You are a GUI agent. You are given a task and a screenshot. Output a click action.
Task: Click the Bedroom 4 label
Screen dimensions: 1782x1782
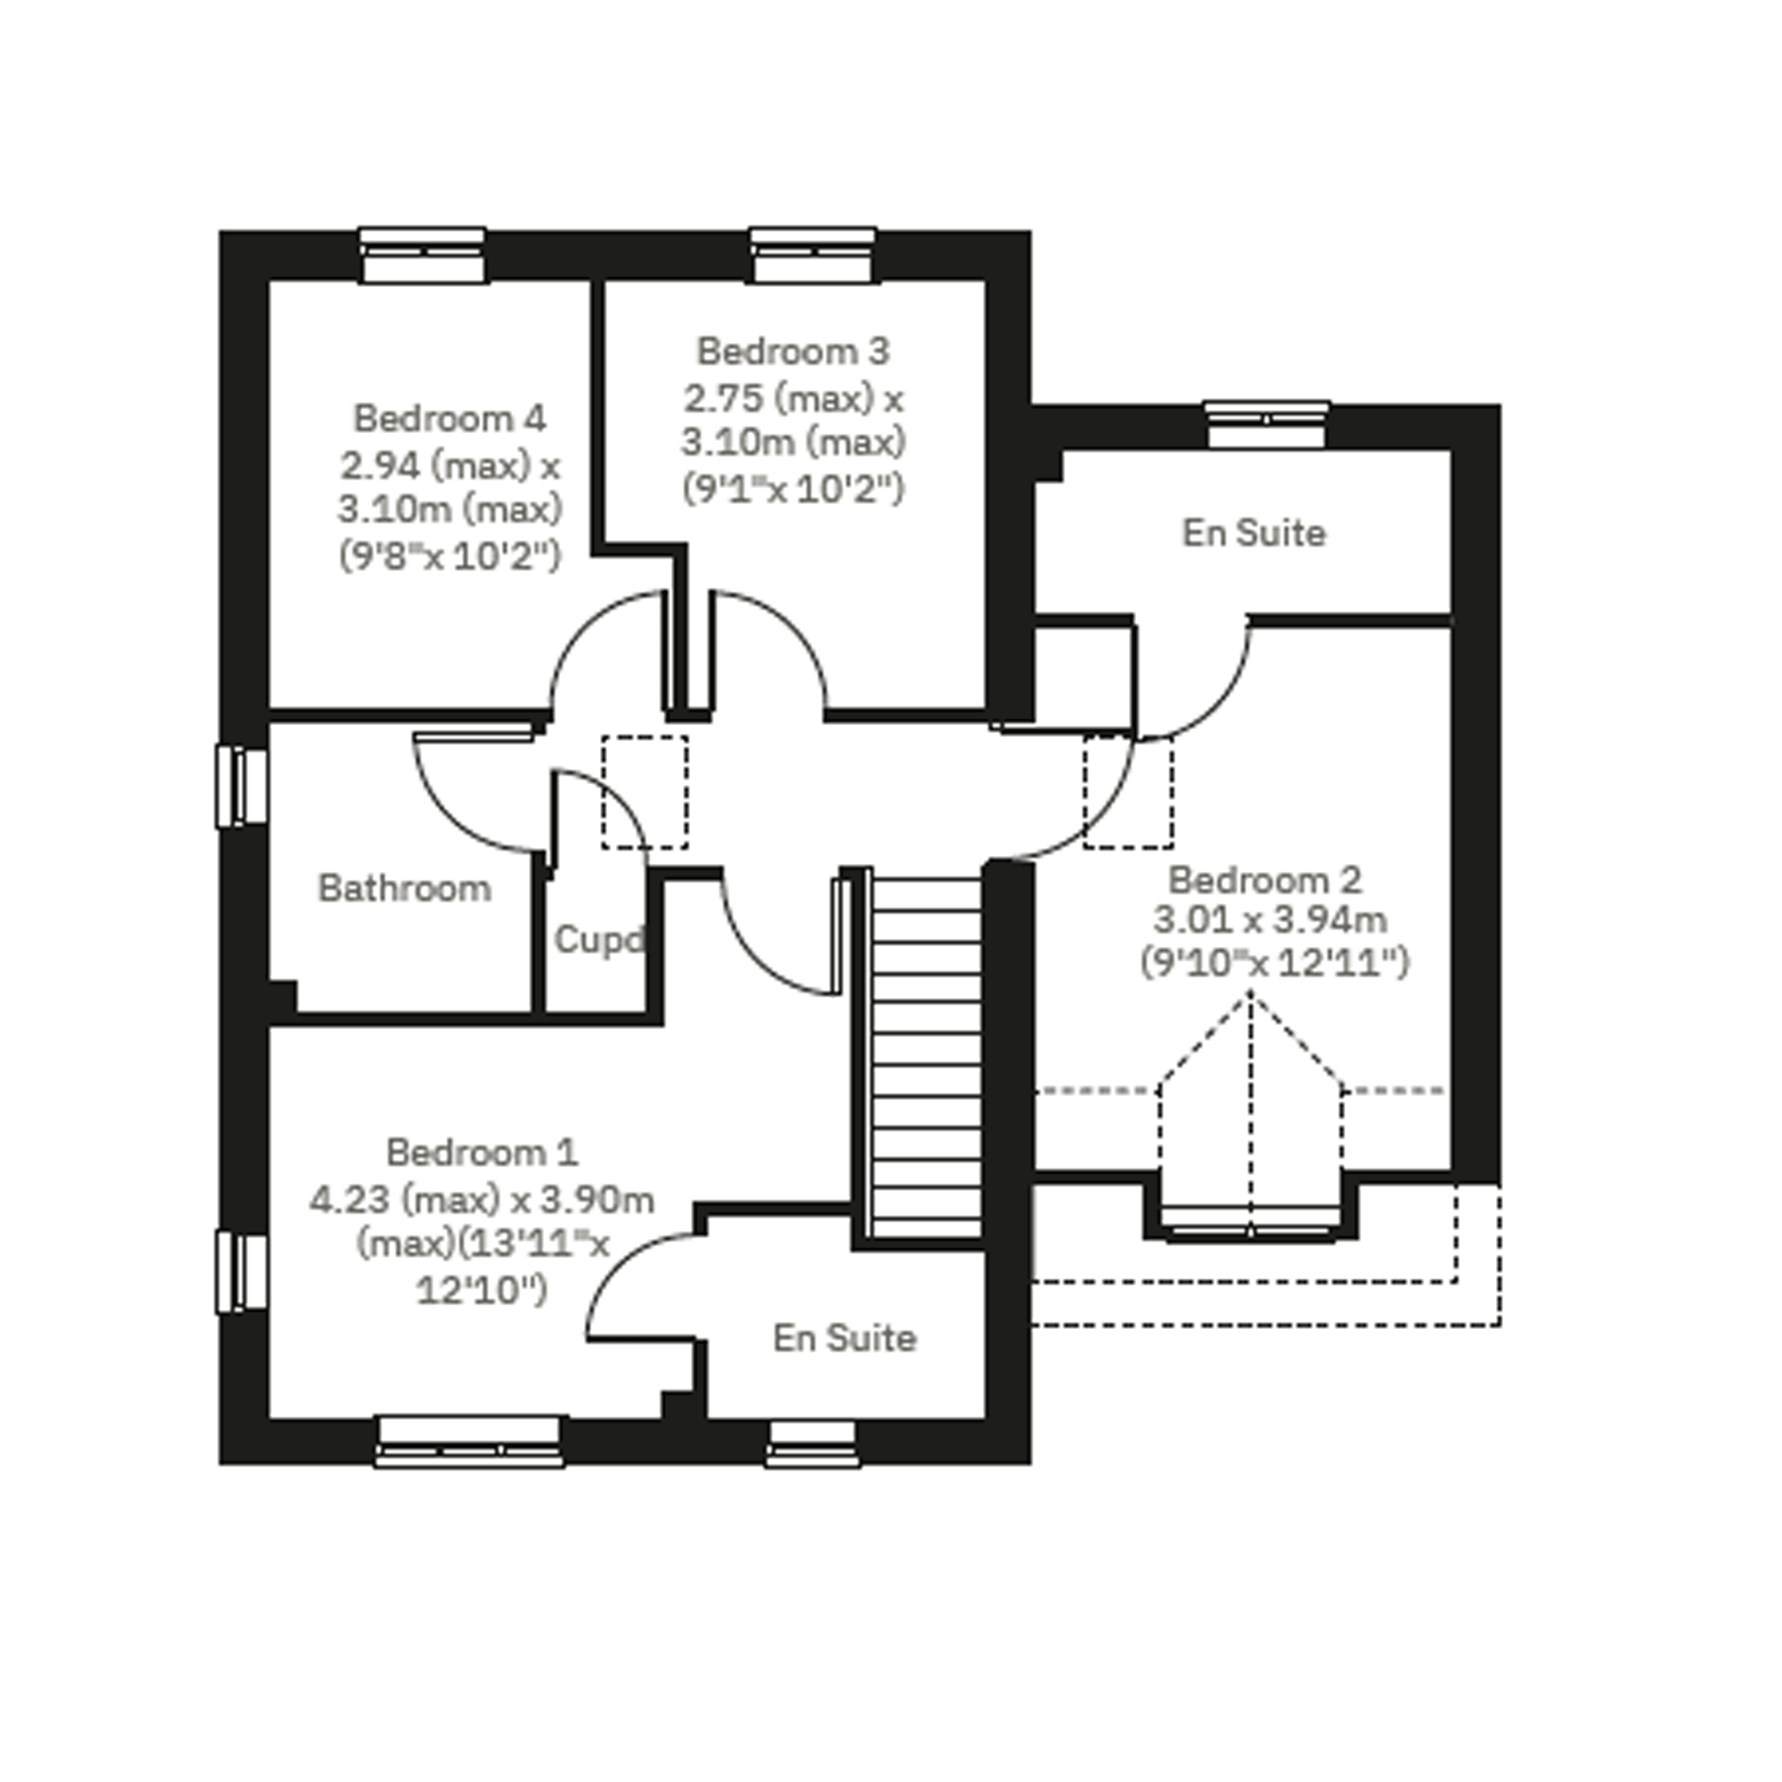(x=450, y=418)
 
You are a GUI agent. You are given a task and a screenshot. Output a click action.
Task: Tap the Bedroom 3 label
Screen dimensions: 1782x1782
(x=793, y=350)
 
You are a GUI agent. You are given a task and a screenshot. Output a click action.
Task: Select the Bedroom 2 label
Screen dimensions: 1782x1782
(x=1265, y=880)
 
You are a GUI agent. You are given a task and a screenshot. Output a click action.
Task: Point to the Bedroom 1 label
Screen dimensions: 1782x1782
(x=481, y=1152)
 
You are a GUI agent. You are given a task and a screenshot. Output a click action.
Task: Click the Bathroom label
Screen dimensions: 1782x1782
(x=405, y=888)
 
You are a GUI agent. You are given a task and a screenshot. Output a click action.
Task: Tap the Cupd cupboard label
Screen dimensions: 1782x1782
(x=598, y=941)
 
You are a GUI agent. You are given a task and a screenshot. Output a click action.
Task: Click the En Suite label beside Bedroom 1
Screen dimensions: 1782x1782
(x=845, y=1338)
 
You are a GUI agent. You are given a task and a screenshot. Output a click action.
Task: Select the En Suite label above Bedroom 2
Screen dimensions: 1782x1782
(x=1254, y=532)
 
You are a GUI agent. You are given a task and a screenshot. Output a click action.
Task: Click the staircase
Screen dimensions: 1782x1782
(x=925, y=1059)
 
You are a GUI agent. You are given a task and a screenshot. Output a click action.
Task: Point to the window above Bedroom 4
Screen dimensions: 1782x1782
(x=422, y=254)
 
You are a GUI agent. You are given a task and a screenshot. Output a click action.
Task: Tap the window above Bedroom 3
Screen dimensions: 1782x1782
(x=813, y=254)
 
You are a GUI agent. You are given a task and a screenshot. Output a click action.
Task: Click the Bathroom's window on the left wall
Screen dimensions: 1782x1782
(x=243, y=787)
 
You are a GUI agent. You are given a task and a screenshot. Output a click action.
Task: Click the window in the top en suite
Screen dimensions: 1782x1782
(x=1266, y=425)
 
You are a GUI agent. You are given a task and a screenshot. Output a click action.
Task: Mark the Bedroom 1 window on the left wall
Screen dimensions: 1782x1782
(x=243, y=1272)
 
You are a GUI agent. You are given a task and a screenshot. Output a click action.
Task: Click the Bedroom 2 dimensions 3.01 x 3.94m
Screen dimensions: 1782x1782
(x=1271, y=920)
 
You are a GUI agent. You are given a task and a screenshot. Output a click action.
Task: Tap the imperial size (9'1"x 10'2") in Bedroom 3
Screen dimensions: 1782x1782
(x=793, y=488)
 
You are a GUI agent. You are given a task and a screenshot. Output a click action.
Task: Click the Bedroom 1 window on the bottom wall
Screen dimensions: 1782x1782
(x=470, y=1443)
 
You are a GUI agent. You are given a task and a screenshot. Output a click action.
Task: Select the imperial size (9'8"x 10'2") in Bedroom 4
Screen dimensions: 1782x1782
(x=450, y=555)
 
